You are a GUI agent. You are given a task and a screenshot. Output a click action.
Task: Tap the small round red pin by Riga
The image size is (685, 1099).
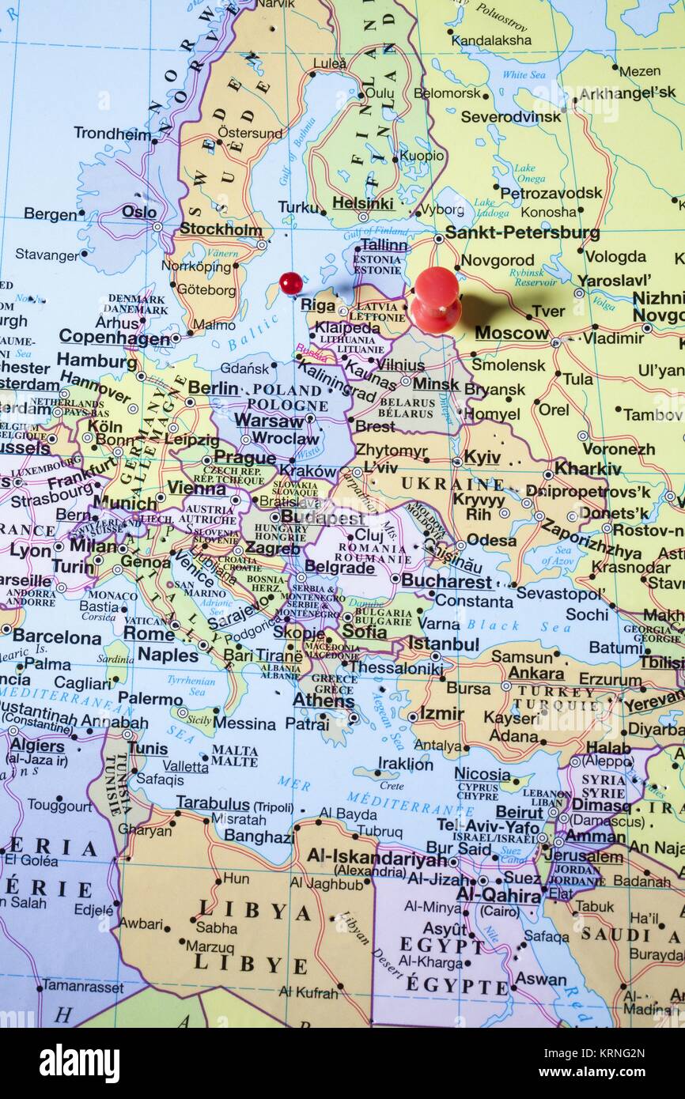(x=290, y=282)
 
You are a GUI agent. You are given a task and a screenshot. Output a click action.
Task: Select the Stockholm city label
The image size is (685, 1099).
(x=221, y=229)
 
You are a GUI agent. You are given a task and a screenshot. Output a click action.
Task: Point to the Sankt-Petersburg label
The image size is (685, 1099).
(x=522, y=232)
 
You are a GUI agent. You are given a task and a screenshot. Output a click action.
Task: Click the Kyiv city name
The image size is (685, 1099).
(x=482, y=457)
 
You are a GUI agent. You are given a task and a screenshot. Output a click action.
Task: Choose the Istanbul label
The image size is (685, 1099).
(x=443, y=644)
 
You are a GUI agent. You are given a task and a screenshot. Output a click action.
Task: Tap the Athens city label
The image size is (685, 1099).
(x=324, y=700)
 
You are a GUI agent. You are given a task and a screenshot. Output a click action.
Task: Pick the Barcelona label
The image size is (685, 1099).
(x=57, y=636)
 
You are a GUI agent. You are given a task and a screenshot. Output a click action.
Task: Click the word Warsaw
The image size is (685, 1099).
(x=270, y=421)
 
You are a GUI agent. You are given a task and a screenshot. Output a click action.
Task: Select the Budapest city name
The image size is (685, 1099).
(x=322, y=518)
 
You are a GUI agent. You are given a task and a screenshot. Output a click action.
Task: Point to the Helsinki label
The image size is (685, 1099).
(x=362, y=203)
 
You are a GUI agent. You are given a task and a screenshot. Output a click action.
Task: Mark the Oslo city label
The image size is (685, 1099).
(x=139, y=212)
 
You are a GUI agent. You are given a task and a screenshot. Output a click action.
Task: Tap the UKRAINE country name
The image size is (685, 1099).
(x=452, y=483)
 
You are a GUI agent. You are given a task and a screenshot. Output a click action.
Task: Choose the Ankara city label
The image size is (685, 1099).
(x=536, y=674)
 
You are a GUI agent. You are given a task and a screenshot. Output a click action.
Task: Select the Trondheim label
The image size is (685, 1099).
(x=112, y=133)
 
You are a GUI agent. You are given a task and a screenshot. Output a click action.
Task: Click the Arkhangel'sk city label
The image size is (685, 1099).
(x=627, y=93)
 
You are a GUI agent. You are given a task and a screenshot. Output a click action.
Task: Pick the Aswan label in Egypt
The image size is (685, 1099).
(x=541, y=979)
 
